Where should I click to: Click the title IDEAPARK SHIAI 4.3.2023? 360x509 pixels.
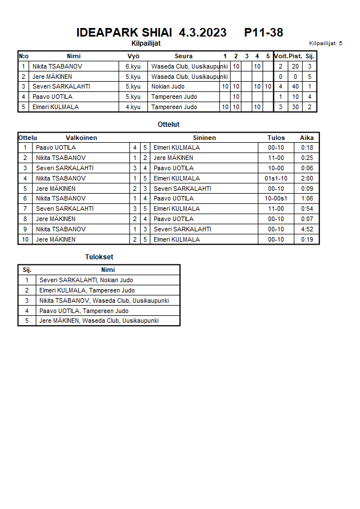pyautogui.click(x=151, y=33)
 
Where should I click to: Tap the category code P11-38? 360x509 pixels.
pyautogui.click(x=263, y=33)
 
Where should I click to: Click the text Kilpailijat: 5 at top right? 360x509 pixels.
pyautogui.click(x=325, y=43)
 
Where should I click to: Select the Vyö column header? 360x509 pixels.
pyautogui.click(x=133, y=56)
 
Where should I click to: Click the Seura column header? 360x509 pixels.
pyautogui.click(x=183, y=56)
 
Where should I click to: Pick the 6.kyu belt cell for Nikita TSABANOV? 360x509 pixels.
pyautogui.click(x=133, y=66)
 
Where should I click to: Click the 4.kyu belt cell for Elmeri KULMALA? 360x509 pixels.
pyautogui.click(x=133, y=107)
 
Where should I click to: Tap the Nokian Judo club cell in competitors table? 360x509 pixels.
pyautogui.click(x=168, y=87)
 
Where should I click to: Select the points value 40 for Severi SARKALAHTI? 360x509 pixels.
pyautogui.click(x=295, y=87)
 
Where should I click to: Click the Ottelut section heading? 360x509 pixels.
pyautogui.click(x=169, y=124)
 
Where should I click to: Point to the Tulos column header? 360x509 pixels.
pyautogui.click(x=276, y=138)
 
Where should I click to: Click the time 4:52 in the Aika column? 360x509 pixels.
pyautogui.click(x=307, y=229)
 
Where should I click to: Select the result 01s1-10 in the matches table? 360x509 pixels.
pyautogui.click(x=276, y=178)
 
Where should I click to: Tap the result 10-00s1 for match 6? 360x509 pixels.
pyautogui.click(x=276, y=199)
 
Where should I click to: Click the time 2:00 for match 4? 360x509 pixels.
pyautogui.click(x=307, y=178)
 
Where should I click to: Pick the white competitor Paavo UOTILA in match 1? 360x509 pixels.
pyautogui.click(x=53, y=148)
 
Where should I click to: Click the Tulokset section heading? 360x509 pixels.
pyautogui.click(x=99, y=257)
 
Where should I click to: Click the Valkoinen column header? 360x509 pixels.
pyautogui.click(x=81, y=138)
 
